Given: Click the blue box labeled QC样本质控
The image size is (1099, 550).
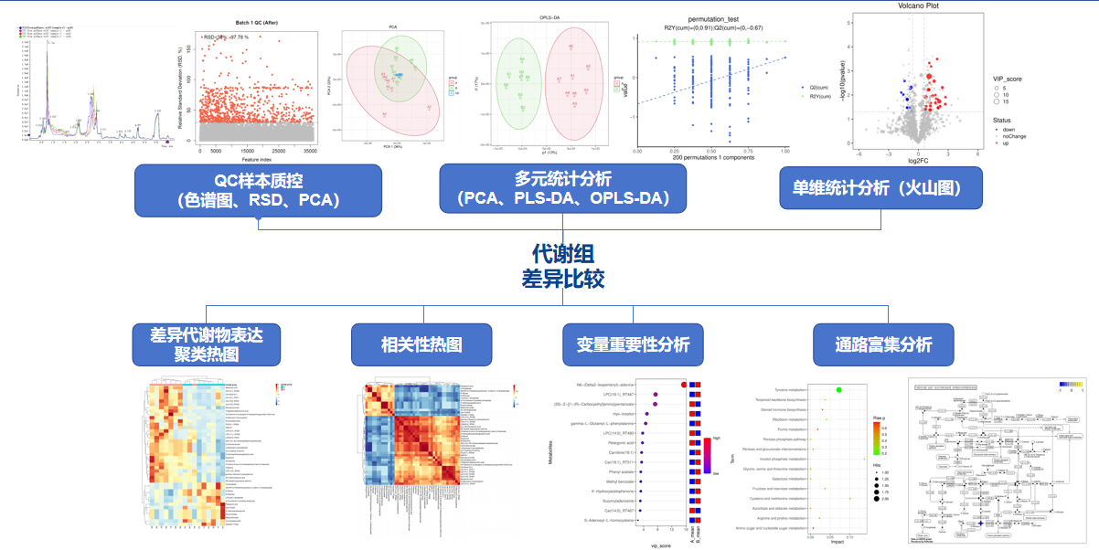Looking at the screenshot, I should pyautogui.click(x=258, y=188).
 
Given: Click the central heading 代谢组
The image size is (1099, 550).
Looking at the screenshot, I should pyautogui.click(x=563, y=253).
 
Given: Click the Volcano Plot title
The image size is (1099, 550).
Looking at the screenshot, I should pyautogui.click(x=915, y=6).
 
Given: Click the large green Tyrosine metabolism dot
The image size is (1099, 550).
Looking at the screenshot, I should pyautogui.click(x=839, y=390).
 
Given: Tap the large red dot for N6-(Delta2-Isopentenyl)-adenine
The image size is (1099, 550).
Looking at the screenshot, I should pyautogui.click(x=685, y=385).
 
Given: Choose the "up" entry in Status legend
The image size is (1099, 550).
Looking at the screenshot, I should pyautogui.click(x=1006, y=143).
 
